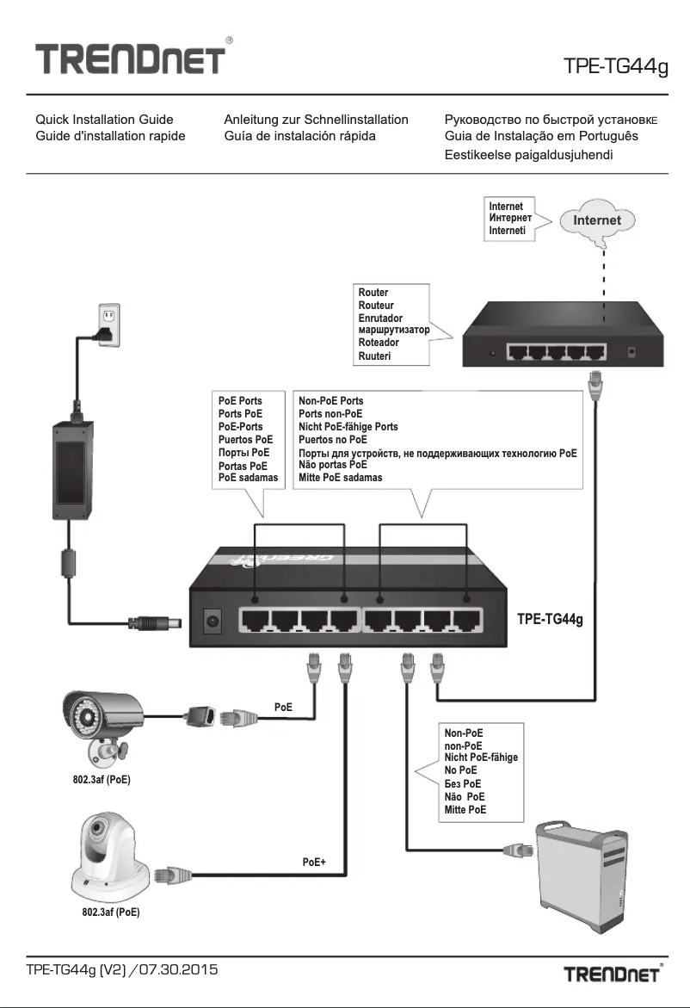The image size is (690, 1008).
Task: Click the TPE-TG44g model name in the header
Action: click(615, 66)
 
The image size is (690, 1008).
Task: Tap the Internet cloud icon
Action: click(597, 221)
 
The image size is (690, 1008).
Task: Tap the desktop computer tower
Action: click(577, 869)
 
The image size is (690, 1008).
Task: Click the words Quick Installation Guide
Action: click(104, 120)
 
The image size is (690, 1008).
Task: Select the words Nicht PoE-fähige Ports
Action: click(348, 427)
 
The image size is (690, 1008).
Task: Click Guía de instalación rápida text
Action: click(299, 137)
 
